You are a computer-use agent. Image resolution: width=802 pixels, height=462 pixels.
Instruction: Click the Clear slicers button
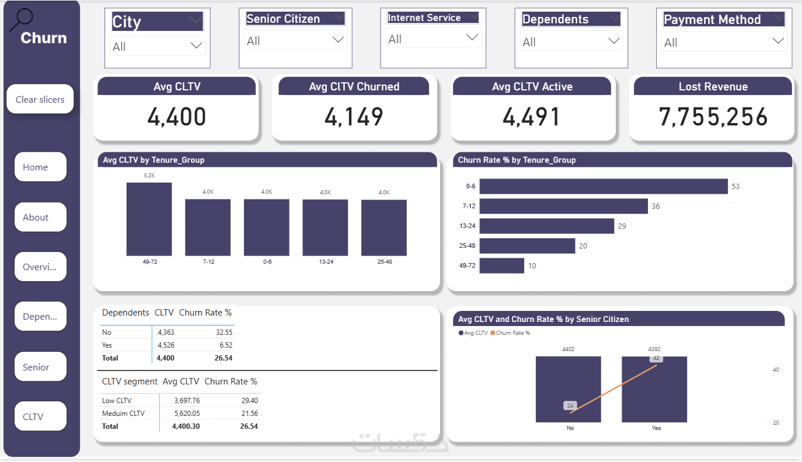pos(40,99)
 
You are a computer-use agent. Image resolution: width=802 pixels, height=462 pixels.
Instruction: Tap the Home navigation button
pos(40,167)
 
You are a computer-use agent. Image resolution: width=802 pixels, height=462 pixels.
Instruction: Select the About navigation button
pos(40,217)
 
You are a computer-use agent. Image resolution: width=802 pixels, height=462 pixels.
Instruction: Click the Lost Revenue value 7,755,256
pos(713,117)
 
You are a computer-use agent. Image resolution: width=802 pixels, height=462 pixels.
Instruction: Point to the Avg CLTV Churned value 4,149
pos(354,117)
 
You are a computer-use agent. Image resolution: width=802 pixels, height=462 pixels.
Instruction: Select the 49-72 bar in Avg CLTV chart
pos(149,219)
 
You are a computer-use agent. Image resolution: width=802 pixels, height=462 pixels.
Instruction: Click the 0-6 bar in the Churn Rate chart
pos(604,186)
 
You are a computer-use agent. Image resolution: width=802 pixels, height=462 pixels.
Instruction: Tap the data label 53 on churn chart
pos(735,187)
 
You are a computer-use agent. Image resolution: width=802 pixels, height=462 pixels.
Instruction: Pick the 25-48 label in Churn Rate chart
pos(467,246)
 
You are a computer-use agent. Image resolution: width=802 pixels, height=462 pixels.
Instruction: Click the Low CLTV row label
pos(117,401)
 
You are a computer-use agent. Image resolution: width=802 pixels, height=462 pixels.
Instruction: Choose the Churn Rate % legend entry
pos(511,333)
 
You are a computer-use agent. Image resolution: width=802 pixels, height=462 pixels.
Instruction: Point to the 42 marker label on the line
pos(657,358)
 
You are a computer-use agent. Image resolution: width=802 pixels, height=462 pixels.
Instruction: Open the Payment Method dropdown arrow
pos(778,41)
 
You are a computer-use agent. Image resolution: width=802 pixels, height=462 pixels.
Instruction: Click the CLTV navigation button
pos(40,416)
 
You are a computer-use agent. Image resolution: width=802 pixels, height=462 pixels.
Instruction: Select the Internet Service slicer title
pos(425,18)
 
